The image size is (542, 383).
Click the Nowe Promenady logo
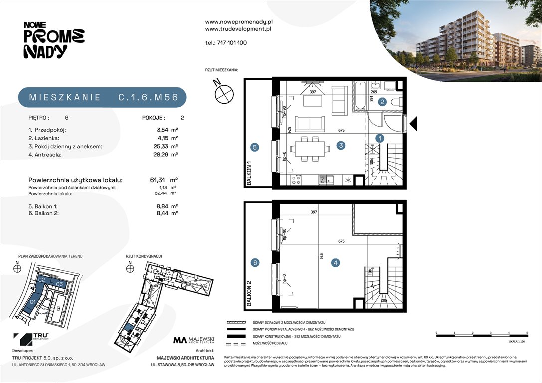tap(54, 40)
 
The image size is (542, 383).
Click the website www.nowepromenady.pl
tap(238, 22)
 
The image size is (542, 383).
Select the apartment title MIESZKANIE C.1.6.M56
tap(103, 97)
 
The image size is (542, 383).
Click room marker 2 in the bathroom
tap(382, 102)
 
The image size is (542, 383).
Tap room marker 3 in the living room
tap(341, 146)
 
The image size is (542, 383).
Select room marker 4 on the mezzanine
tap(336, 262)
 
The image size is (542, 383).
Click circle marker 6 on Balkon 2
tap(255, 263)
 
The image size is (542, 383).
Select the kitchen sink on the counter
tap(323, 180)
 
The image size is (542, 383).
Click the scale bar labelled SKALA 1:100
tap(481, 335)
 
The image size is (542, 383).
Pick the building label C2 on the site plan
tap(42, 281)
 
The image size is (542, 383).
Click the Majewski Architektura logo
tap(193, 341)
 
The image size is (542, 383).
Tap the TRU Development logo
tap(28, 339)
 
